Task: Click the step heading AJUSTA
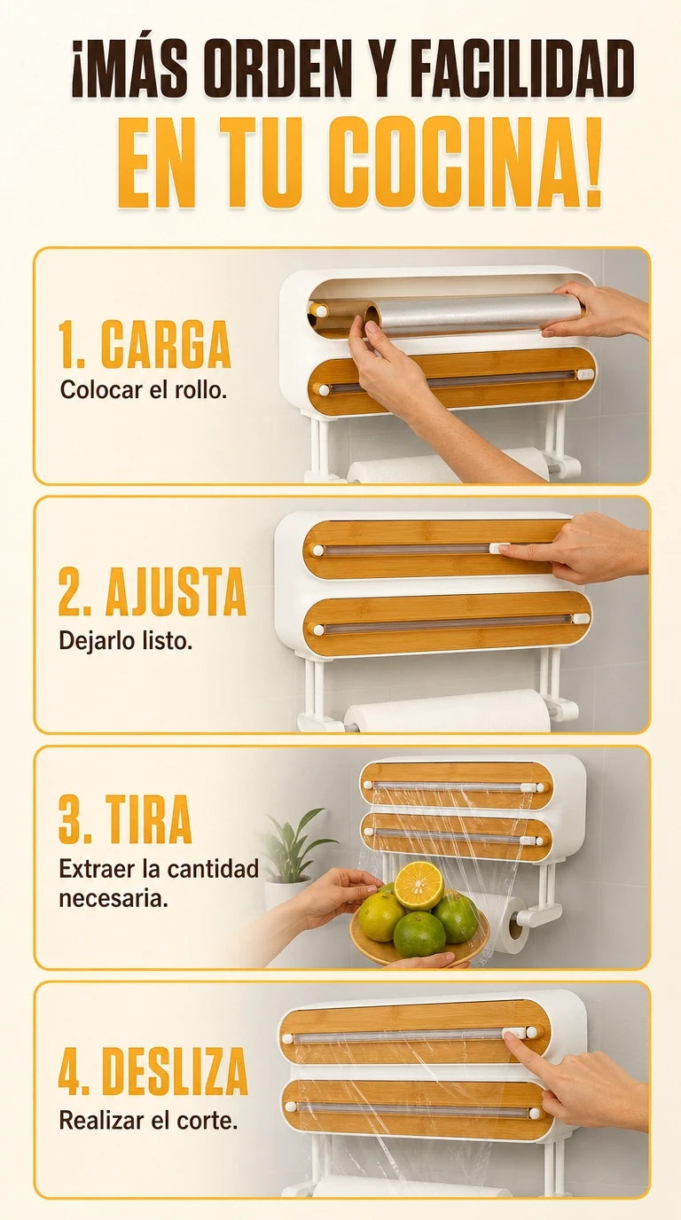[x=176, y=591]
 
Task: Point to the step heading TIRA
[x=148, y=819]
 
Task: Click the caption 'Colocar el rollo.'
[x=144, y=390]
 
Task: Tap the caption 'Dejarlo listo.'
[x=125, y=641]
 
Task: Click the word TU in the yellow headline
[x=261, y=161]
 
